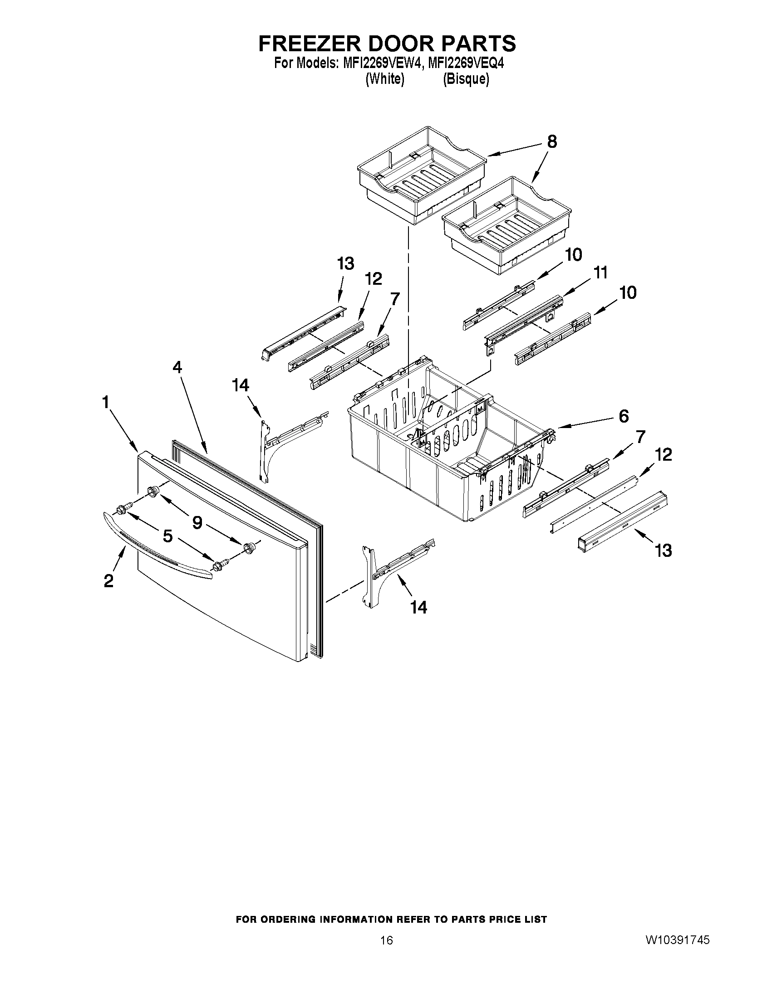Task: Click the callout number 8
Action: click(x=552, y=142)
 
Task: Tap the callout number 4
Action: click(x=177, y=367)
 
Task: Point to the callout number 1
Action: click(x=106, y=402)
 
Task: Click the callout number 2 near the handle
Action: click(x=108, y=581)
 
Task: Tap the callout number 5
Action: click(x=168, y=536)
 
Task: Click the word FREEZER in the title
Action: click(x=310, y=44)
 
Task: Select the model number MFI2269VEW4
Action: click(x=379, y=63)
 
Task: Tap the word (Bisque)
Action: click(x=466, y=79)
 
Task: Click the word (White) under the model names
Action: click(x=384, y=79)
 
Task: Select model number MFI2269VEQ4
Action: click(x=465, y=63)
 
